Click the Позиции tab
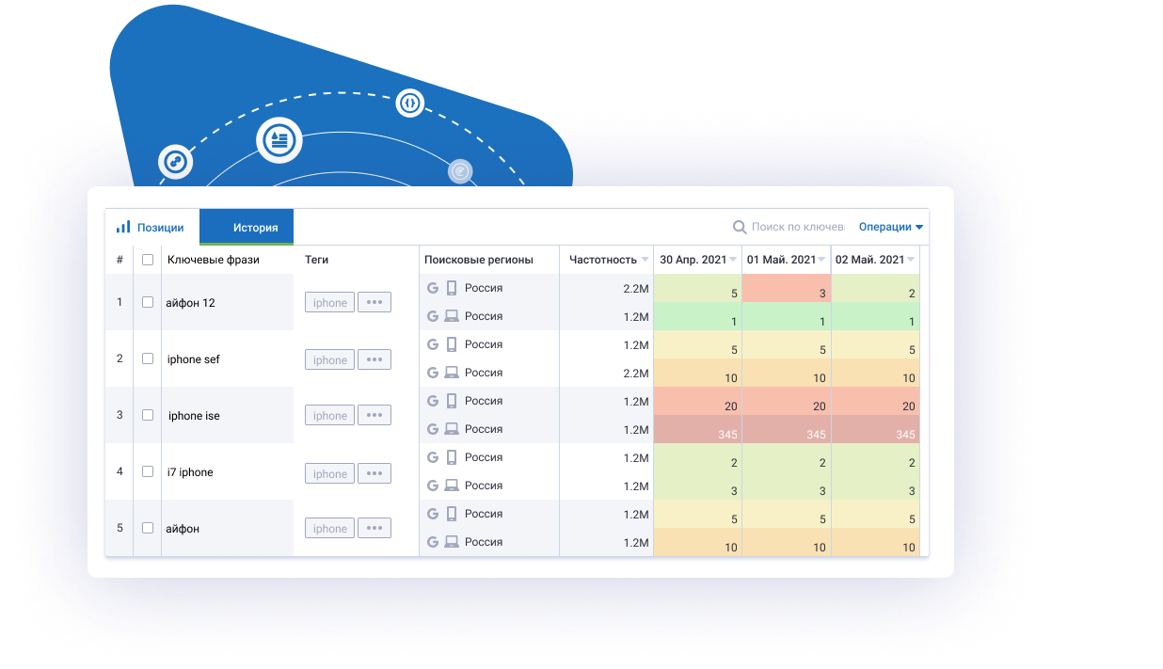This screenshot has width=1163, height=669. (151, 228)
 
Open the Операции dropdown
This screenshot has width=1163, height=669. (890, 227)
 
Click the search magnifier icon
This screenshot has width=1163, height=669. (740, 227)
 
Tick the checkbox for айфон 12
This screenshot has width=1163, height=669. (148, 302)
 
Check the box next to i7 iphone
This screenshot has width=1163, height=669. (148, 471)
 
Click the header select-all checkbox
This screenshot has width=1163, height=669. (148, 260)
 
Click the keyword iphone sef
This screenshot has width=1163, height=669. (194, 359)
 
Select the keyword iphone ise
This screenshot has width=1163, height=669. (194, 416)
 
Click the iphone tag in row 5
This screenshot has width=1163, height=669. (329, 529)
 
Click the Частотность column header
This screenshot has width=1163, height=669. (603, 260)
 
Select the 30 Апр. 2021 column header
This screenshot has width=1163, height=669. (693, 260)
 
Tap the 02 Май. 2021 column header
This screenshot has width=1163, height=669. (869, 260)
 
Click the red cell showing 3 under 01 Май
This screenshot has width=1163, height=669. (786, 290)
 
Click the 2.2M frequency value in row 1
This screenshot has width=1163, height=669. (635, 289)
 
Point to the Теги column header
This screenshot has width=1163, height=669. (317, 260)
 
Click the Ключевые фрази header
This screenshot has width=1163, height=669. (214, 260)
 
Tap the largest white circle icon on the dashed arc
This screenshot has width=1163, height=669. (279, 140)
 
